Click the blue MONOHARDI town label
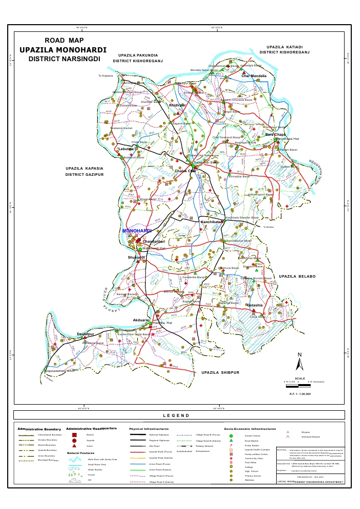coord(136,231)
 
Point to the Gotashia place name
coord(255,305)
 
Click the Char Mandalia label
coord(254,76)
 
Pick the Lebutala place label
coord(126,149)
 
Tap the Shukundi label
coord(137,257)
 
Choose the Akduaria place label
coord(141,320)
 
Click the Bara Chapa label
coord(276,135)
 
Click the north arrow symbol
coord(299,362)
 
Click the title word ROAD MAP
coord(64,40)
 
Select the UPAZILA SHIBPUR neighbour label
coord(221,372)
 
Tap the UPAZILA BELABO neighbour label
coord(296,277)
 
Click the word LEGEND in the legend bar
coord(176,415)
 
